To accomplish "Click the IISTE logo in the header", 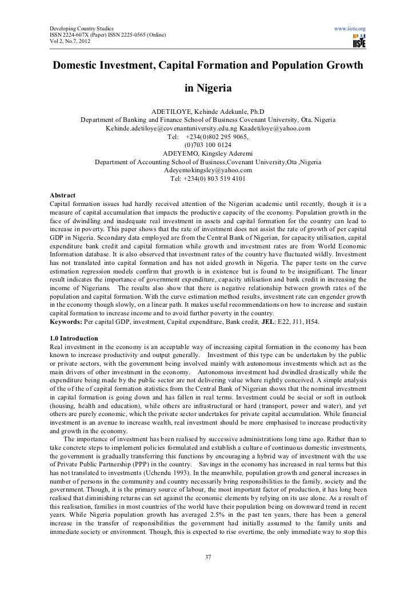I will coord(359,40).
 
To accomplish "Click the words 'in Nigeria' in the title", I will coord(208,89).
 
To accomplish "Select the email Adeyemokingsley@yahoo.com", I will coord(208,170).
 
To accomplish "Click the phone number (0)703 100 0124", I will coord(208,145).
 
